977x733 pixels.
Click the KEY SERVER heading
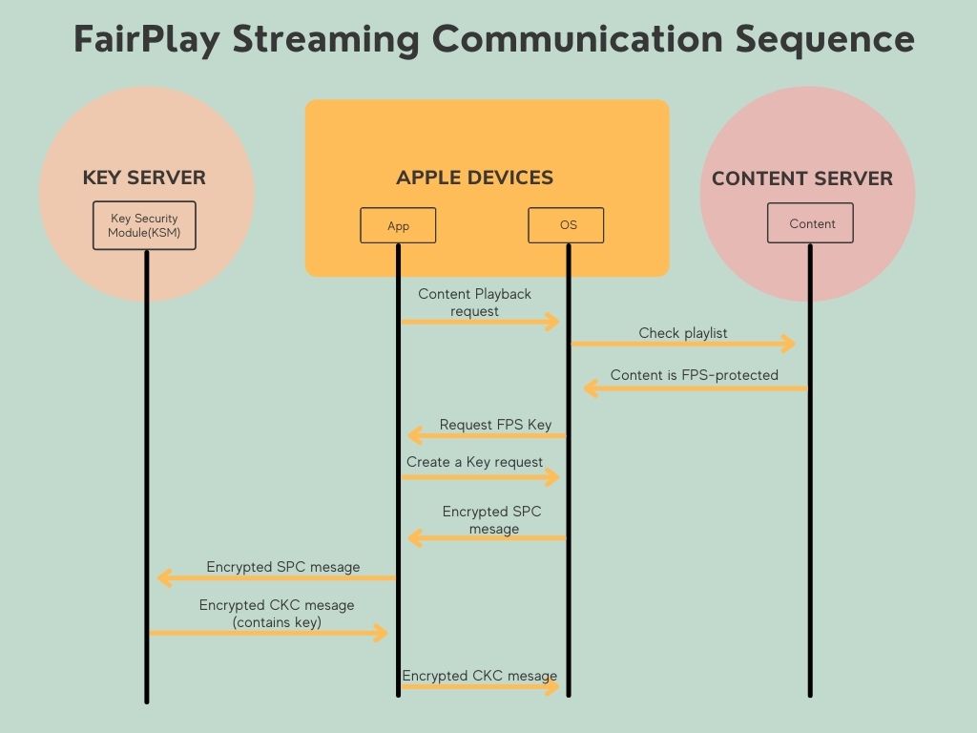(144, 177)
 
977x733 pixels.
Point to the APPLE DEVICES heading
(475, 177)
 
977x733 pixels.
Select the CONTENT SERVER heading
(801, 178)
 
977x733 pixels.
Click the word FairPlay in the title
(147, 39)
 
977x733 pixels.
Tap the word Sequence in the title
(824, 39)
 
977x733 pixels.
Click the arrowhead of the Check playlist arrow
(789, 343)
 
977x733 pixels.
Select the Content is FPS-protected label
(695, 374)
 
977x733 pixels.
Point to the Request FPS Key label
(495, 425)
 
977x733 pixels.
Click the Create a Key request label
(474, 462)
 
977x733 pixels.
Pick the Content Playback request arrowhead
(552, 322)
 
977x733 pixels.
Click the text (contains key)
(277, 622)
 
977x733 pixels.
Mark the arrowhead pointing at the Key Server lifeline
(164, 577)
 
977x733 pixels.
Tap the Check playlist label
(683, 333)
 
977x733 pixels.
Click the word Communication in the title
(577, 39)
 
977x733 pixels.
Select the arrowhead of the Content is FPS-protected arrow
(591, 388)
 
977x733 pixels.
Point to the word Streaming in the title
(326, 39)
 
